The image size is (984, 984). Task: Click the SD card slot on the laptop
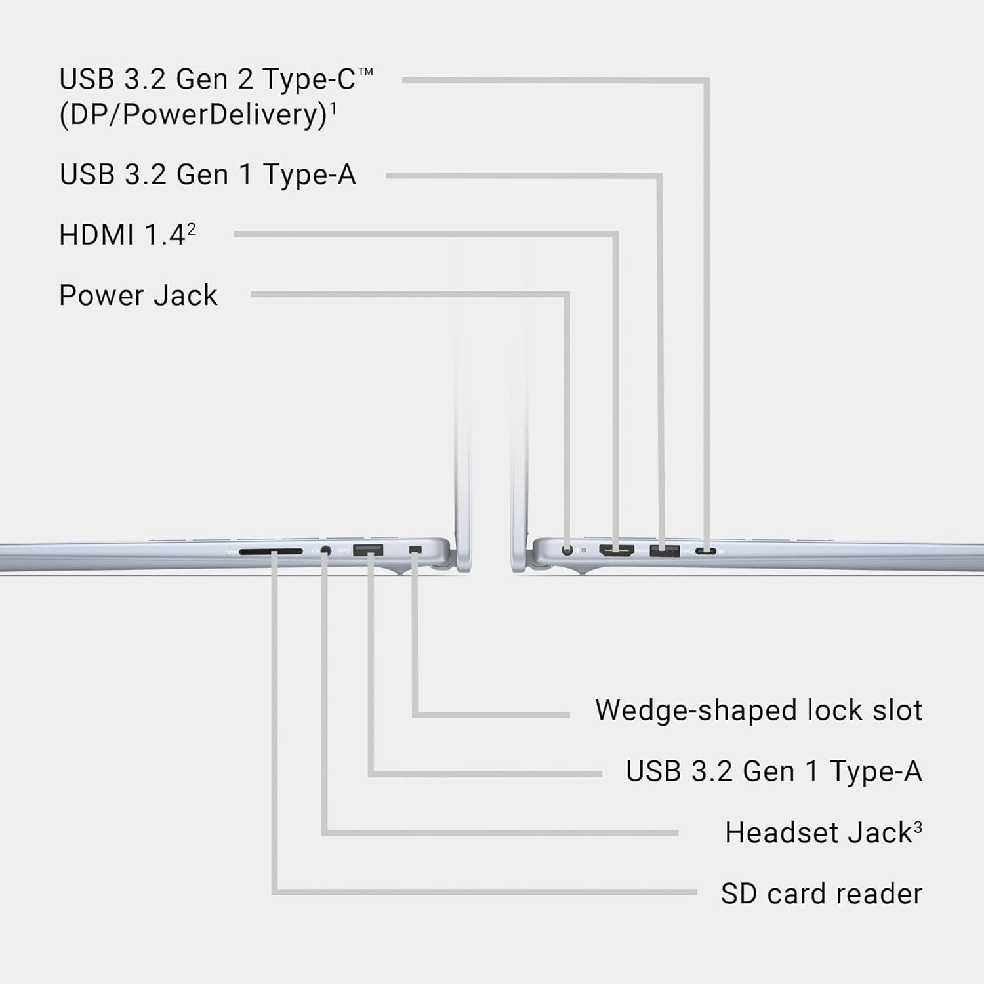click(271, 552)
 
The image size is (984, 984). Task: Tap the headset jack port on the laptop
click(325, 551)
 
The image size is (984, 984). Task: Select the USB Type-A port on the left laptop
click(368, 550)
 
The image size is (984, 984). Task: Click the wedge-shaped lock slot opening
click(415, 549)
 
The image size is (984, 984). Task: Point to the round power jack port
click(567, 550)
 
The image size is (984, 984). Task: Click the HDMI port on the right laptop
click(617, 550)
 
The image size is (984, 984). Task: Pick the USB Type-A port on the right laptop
click(665, 550)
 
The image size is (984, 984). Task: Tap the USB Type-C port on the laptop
click(707, 551)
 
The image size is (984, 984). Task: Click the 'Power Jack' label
click(138, 295)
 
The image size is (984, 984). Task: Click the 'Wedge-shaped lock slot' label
click(758, 710)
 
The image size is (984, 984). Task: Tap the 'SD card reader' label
click(821, 893)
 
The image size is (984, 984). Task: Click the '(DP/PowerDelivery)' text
click(194, 115)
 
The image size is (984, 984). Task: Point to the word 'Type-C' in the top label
click(309, 80)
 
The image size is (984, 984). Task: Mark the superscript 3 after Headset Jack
click(918, 827)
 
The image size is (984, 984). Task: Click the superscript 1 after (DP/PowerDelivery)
click(333, 108)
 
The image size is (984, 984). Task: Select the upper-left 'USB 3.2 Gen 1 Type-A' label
click(207, 174)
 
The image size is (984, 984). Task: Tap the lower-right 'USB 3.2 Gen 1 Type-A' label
click(774, 771)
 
